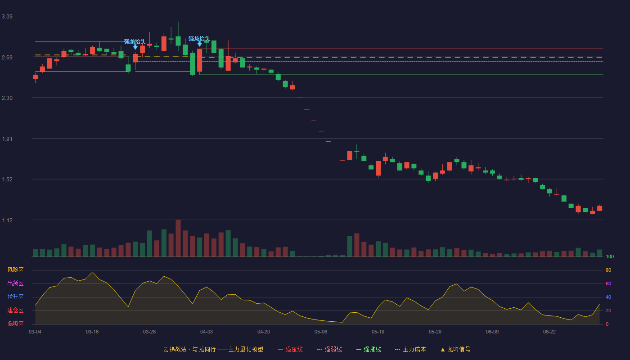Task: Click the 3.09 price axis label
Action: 7,17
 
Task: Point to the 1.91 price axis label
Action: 7,139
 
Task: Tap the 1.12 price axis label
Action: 7,220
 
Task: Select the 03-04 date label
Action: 35,332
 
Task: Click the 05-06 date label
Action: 321,332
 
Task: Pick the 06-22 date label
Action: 549,332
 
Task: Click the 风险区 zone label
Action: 15,270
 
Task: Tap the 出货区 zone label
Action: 15,283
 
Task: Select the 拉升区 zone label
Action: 15,297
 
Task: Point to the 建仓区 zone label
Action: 15,310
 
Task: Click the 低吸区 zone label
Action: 15,324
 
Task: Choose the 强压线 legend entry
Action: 290,349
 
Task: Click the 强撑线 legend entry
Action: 369,349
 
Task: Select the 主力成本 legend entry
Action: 410,349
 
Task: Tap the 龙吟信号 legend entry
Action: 455,349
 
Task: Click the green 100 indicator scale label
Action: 610,256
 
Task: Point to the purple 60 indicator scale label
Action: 608,283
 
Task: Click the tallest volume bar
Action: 178,238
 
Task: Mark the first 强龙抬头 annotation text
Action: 135,42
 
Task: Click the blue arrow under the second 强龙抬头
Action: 199,44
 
